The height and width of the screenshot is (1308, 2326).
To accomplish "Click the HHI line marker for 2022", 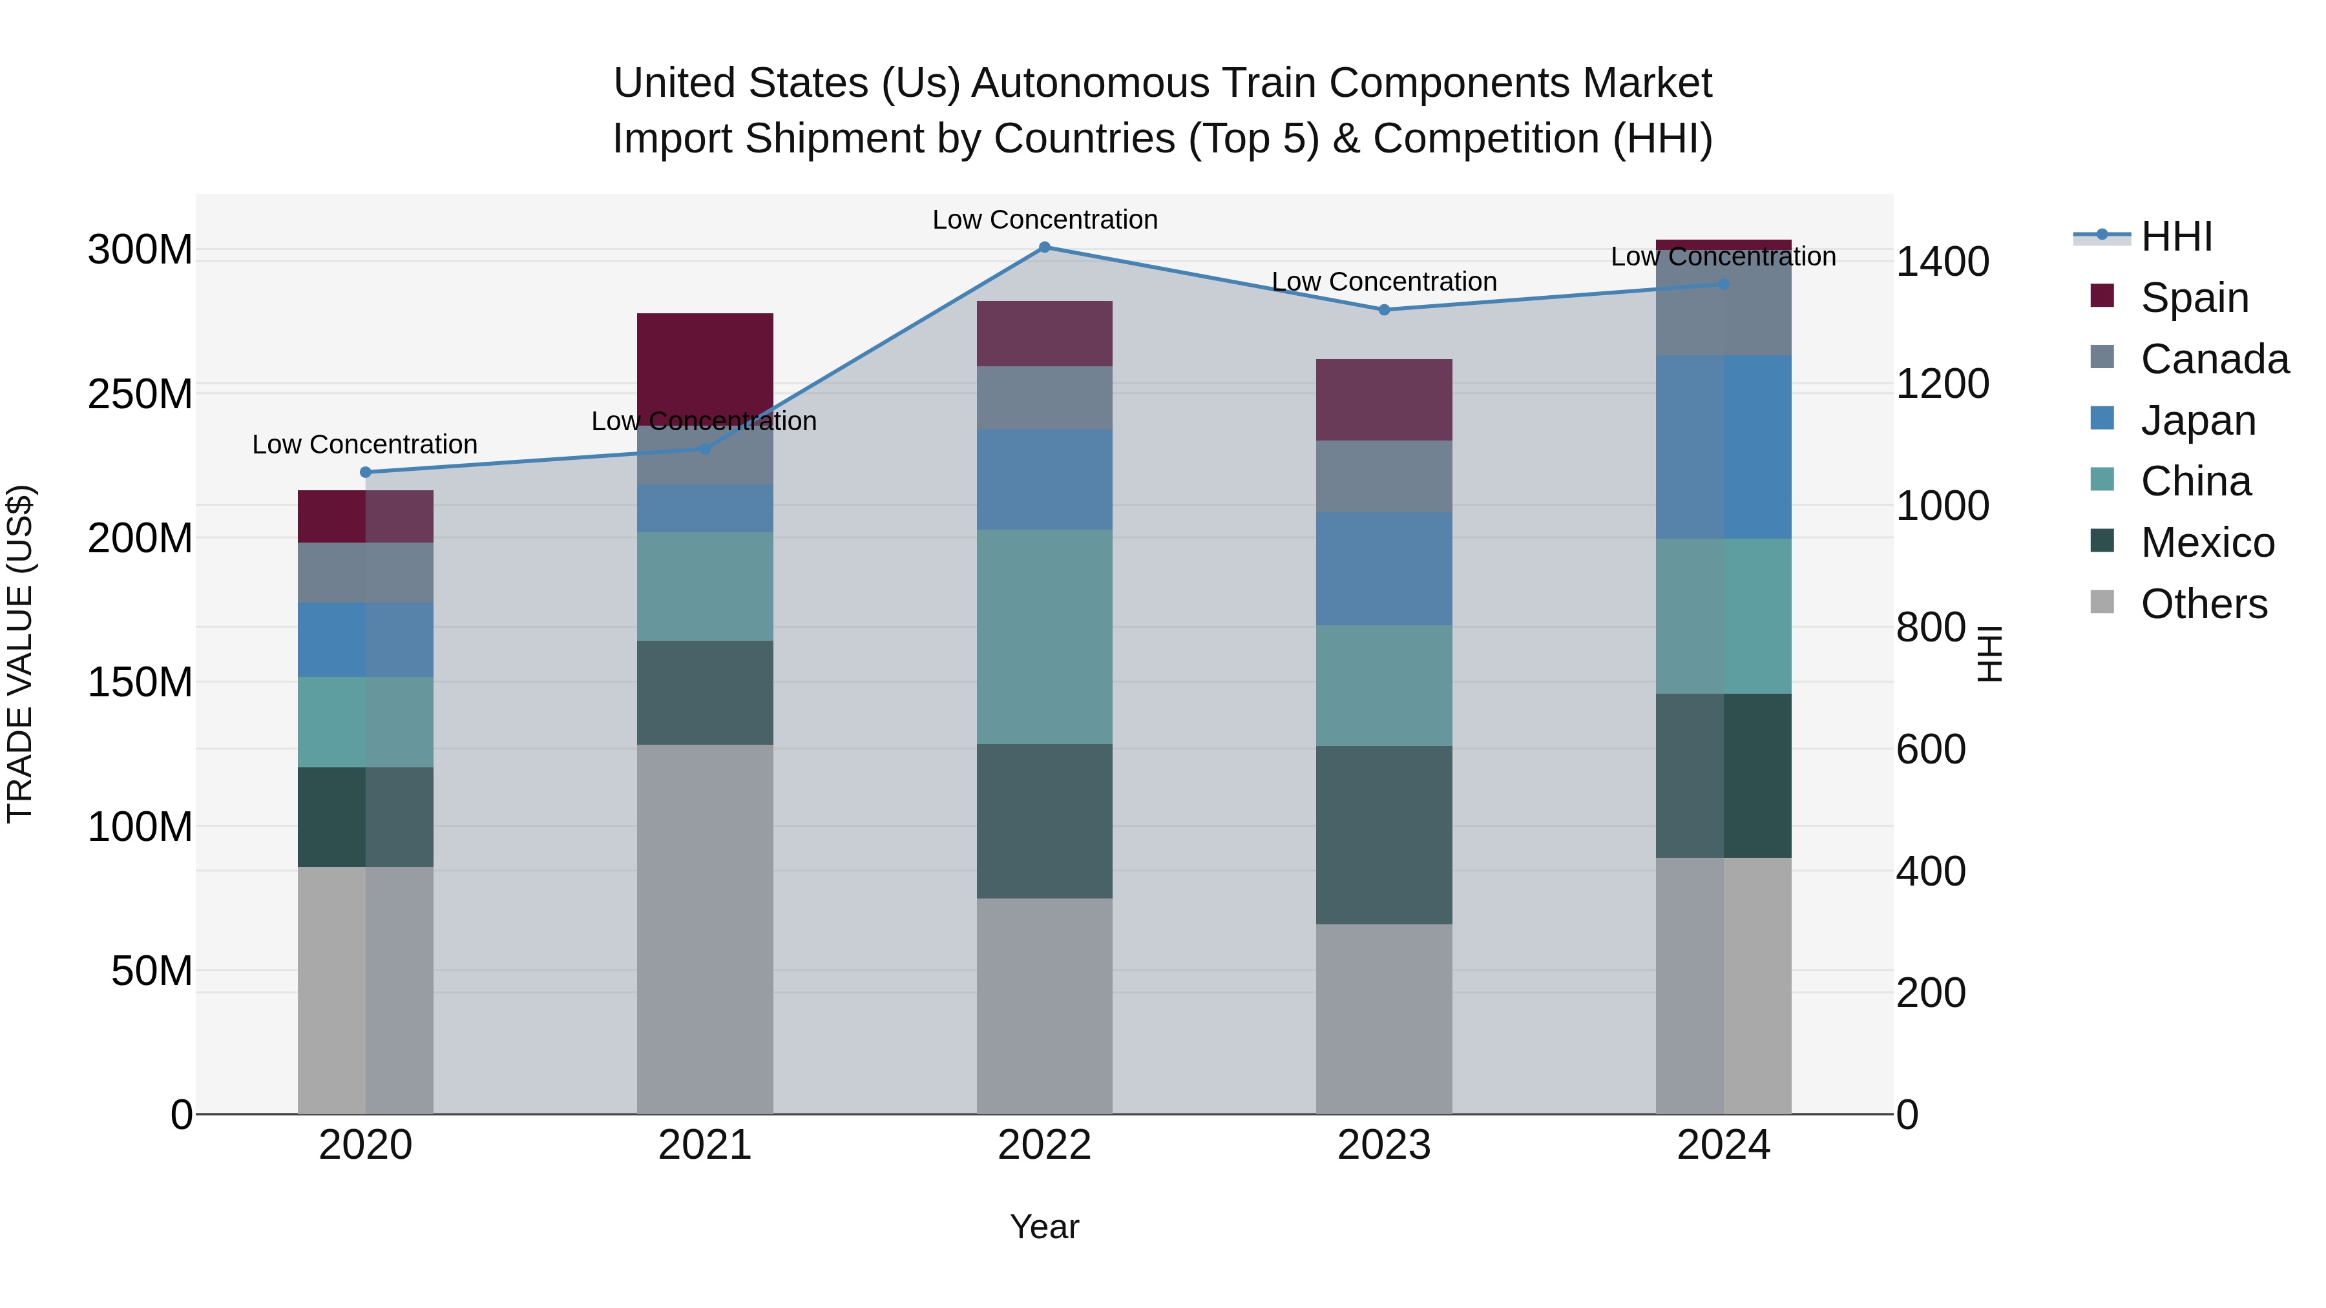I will (x=1045, y=247).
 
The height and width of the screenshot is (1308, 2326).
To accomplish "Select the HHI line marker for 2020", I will (x=366, y=472).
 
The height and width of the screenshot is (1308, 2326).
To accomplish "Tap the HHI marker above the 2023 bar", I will (x=1384, y=309).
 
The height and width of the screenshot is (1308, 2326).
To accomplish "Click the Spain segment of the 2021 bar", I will (x=705, y=361).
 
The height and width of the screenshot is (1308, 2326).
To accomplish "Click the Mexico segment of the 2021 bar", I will (x=705, y=692).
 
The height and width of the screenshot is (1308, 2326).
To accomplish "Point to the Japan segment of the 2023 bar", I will (x=1384, y=568).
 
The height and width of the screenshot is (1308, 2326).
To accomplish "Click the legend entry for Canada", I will (x=2214, y=359).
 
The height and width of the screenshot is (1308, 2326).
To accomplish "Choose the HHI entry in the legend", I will (x=2176, y=236).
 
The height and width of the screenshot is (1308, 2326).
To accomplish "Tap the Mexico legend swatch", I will (x=2102, y=541).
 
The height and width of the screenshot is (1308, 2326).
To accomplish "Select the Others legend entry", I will (x=2203, y=604).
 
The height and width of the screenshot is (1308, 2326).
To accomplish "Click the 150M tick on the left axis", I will (x=140, y=683).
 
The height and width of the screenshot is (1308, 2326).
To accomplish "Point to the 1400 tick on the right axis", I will (x=1942, y=262).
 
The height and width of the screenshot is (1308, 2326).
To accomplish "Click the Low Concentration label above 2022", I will (x=1045, y=220).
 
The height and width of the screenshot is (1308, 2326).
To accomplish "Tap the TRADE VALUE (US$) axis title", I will (x=20, y=654).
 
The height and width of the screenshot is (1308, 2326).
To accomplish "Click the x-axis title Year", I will (x=1045, y=1227).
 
